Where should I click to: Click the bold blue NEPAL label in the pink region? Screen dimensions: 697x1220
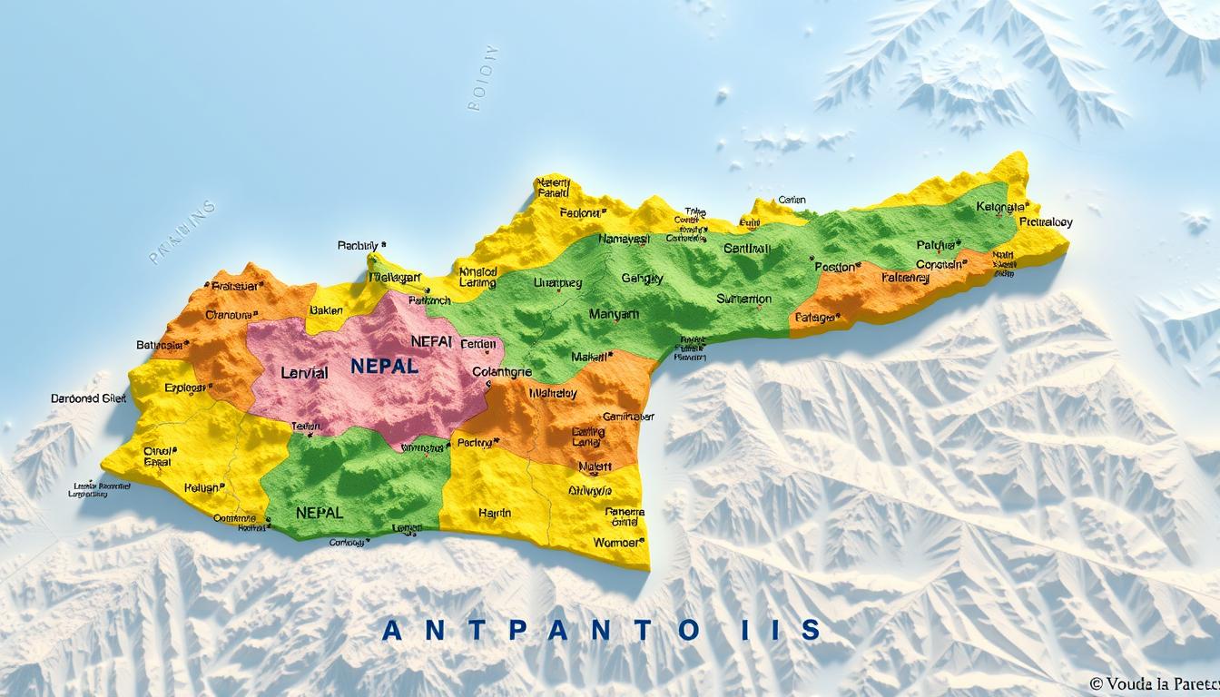(x=384, y=367)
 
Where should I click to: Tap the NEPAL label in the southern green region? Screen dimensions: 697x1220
(x=320, y=512)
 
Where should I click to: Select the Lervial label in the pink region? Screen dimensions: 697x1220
(x=304, y=373)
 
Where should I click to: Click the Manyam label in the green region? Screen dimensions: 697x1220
(x=614, y=314)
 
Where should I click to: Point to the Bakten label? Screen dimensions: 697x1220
(x=326, y=309)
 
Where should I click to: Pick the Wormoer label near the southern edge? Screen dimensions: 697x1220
(x=617, y=542)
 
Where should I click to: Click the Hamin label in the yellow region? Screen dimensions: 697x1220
(x=494, y=513)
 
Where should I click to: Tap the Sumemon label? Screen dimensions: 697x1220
(x=743, y=299)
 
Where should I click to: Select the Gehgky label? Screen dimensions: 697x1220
(x=643, y=279)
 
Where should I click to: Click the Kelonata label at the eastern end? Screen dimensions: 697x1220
(x=1001, y=207)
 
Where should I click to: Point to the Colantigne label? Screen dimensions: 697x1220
(x=502, y=371)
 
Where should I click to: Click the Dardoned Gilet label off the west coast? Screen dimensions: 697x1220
(x=88, y=398)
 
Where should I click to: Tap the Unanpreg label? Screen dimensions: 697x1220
(x=556, y=282)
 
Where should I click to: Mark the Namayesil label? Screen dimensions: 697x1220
(x=624, y=240)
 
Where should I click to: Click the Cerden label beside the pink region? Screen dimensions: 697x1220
(x=478, y=344)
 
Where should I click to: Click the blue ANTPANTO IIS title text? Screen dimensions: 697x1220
(x=601, y=629)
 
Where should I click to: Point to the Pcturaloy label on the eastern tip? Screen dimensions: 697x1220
(x=1046, y=221)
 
